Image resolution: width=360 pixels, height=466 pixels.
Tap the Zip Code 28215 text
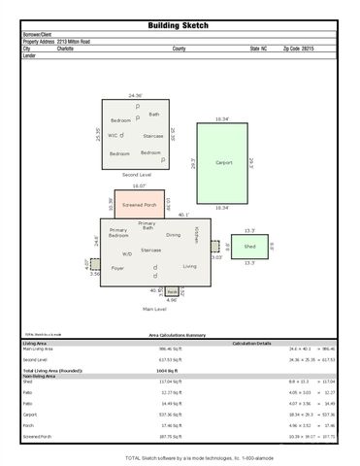click(299, 48)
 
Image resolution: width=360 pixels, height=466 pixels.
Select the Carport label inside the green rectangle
click(223, 162)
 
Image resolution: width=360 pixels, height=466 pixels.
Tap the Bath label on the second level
click(153, 114)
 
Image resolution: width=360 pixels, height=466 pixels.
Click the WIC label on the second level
click(113, 135)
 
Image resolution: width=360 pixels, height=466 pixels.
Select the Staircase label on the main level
click(150, 250)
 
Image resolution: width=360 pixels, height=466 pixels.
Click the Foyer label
click(118, 267)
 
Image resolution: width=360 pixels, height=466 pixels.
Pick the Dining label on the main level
click(173, 234)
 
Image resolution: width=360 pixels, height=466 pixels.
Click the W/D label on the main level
click(127, 253)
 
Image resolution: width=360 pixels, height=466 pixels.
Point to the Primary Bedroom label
click(119, 233)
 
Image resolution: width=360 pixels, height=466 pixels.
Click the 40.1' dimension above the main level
click(182, 215)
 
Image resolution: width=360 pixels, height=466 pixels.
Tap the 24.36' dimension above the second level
click(136, 95)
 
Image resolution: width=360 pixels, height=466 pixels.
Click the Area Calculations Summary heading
click(179, 334)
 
